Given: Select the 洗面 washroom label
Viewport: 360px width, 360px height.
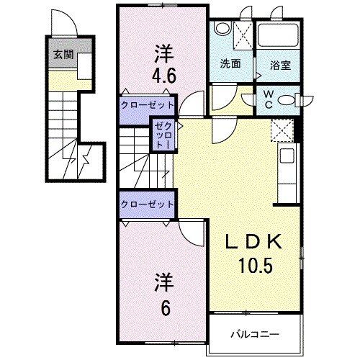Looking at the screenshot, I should [x=230, y=63].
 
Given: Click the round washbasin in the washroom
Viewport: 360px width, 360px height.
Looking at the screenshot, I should [x=222, y=29].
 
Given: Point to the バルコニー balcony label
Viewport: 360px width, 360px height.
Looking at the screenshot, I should [x=254, y=335].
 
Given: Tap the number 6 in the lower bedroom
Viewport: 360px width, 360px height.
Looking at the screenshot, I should [x=166, y=307].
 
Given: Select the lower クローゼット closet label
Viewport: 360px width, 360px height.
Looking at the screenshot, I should [x=148, y=204].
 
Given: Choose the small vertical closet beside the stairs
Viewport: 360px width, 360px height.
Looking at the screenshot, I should [x=160, y=135].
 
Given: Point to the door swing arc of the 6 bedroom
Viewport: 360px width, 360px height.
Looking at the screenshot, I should [x=191, y=232].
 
